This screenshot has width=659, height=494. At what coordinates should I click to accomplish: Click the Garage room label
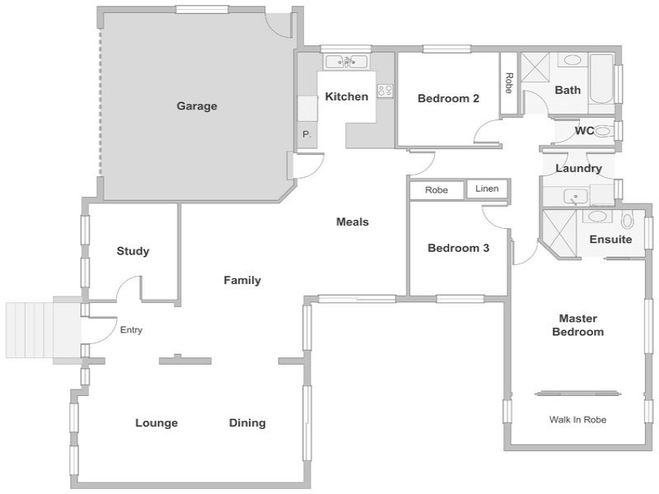tap(197, 106)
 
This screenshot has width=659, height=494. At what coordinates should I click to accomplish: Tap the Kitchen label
tap(347, 96)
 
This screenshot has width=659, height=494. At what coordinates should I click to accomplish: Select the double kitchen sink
tap(347, 63)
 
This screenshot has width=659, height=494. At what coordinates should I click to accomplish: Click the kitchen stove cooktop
tap(385, 91)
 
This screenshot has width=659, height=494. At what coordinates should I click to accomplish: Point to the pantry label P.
tap(306, 134)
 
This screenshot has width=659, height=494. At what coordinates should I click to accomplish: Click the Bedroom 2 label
tap(448, 98)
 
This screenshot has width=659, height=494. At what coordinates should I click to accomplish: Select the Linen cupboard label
tap(487, 189)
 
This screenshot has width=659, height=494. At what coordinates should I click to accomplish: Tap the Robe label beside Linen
tap(437, 190)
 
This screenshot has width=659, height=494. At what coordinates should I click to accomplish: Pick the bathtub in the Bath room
tap(602, 78)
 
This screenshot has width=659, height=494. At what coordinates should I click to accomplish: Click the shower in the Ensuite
tap(559, 233)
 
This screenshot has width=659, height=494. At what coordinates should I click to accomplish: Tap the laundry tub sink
tap(576, 197)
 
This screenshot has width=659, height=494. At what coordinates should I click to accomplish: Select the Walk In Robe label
tap(577, 419)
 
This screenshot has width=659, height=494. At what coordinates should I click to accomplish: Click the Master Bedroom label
tap(578, 325)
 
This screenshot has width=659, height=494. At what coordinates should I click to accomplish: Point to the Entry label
tap(131, 330)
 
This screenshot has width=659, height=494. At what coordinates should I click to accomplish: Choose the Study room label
tap(133, 251)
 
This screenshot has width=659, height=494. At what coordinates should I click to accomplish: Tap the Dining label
tap(247, 422)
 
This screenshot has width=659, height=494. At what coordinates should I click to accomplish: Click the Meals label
tap(353, 221)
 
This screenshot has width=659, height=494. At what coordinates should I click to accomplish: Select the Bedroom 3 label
tap(458, 248)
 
